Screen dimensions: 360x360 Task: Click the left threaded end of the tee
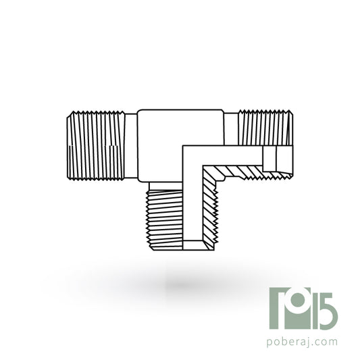[96, 146]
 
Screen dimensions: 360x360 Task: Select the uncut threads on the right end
[265, 128]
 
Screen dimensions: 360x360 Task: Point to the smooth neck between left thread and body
[131, 146]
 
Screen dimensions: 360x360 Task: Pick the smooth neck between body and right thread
[231, 129]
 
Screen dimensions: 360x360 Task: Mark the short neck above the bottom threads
[165, 186]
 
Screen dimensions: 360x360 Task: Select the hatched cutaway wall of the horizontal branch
[246, 172]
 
